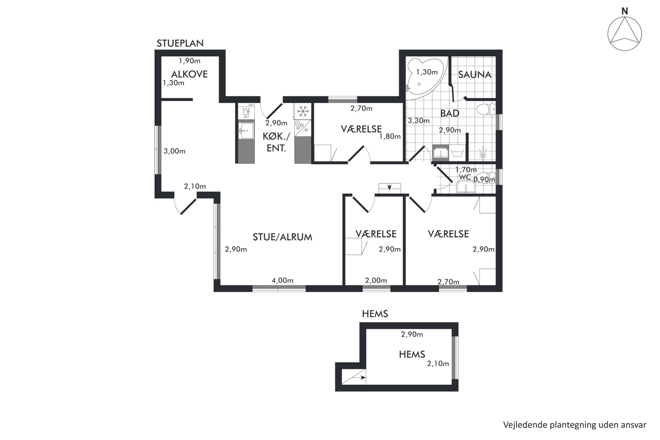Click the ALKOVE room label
[x=189, y=74]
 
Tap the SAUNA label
[x=475, y=75]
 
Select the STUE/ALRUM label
[x=282, y=237]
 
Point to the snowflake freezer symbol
[x=302, y=111]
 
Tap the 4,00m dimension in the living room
[x=282, y=280]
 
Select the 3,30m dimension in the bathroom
[x=419, y=121]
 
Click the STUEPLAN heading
[x=180, y=43]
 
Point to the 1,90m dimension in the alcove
[x=189, y=61]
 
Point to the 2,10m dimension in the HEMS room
[x=438, y=364]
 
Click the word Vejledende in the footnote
[x=524, y=425]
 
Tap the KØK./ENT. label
[x=276, y=142]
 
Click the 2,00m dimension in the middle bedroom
[x=376, y=280]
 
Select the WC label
[x=465, y=177]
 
